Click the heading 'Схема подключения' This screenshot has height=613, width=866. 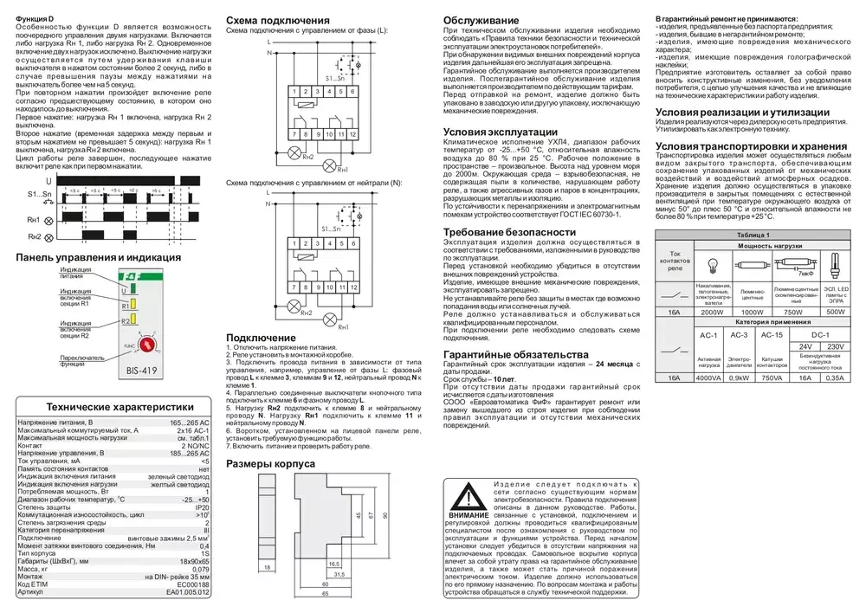(277, 20)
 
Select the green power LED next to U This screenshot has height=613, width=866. (126, 292)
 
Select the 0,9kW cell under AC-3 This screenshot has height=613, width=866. (739, 377)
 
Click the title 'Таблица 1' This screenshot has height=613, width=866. (753, 235)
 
